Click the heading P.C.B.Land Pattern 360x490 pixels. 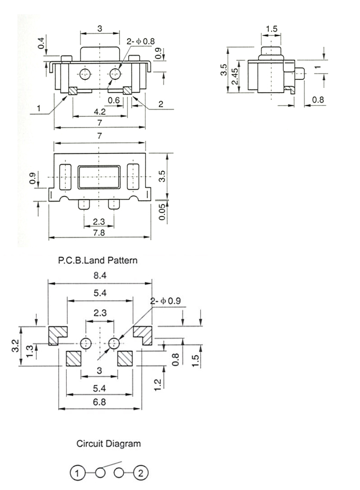pyautogui.click(x=97, y=260)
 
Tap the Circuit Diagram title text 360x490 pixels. pyautogui.click(x=109, y=443)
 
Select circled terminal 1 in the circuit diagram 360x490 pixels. pyautogui.click(x=77, y=473)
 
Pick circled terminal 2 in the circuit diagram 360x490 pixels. pyautogui.click(x=140, y=473)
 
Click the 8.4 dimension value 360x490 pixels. pyautogui.click(x=100, y=275)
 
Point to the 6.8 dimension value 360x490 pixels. pyautogui.click(x=100, y=402)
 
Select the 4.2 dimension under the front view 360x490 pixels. pyautogui.click(x=100, y=112)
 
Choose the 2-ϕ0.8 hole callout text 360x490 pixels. pyautogui.click(x=140, y=41)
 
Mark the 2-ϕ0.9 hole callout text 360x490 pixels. pyautogui.click(x=166, y=301)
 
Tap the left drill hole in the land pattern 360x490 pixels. pyautogui.click(x=86, y=343)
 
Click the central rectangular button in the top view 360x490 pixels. pyautogui.click(x=100, y=177)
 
